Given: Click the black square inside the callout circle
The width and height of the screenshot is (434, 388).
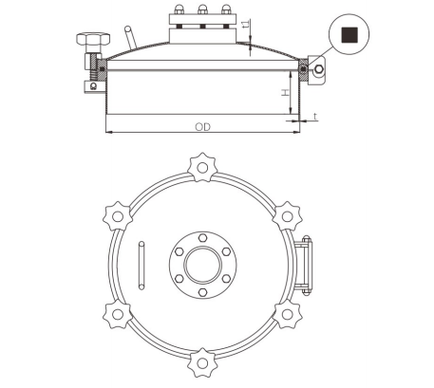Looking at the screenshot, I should click(x=349, y=35).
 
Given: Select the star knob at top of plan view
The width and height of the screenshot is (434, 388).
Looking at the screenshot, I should click(x=201, y=169).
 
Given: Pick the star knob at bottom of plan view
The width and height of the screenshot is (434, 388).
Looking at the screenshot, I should click(x=201, y=361).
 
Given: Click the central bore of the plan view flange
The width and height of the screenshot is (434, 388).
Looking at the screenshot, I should click(x=201, y=265).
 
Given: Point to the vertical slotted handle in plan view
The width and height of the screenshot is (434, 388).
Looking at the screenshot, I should click(x=142, y=265).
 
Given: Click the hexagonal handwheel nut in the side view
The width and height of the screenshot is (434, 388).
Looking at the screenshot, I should click(x=86, y=41).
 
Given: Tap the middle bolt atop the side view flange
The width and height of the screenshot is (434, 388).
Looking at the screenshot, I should click(x=201, y=12).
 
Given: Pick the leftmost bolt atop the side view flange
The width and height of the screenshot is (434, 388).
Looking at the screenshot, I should click(x=179, y=12).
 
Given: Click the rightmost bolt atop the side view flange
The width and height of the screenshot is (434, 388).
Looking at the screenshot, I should click(x=224, y=12).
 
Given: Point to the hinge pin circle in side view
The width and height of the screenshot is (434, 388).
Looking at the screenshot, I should click(x=320, y=69).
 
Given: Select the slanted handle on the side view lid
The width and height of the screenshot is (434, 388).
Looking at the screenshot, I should click(x=130, y=39).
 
